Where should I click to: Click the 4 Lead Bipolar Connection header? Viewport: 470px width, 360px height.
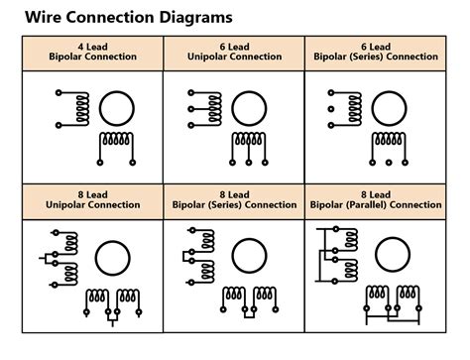pos(92,52)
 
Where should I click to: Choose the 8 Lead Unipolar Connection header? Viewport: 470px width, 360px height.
pos(92,198)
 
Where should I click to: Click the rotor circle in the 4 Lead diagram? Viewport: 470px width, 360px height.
pos(117,107)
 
